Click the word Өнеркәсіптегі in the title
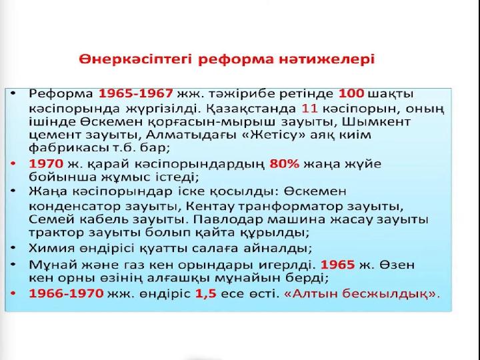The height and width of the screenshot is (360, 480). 135,59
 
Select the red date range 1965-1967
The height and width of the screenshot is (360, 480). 135,94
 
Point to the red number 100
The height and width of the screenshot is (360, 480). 351,94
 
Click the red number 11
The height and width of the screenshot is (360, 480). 309,109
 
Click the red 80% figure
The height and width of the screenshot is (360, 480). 284,164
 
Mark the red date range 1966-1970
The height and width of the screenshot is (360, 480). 66,293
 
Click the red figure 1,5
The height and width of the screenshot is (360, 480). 206,293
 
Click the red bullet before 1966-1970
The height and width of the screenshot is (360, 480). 13,293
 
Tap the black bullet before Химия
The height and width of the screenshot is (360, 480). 13,247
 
